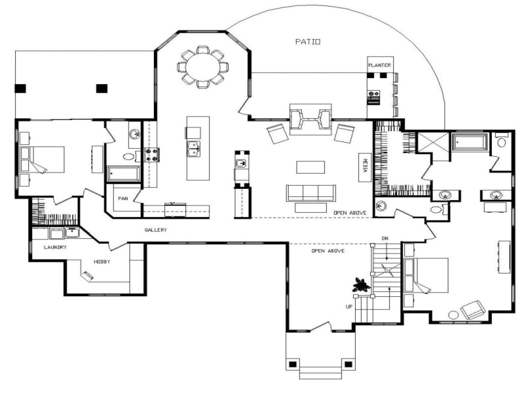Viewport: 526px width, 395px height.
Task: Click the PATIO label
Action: click(x=308, y=42)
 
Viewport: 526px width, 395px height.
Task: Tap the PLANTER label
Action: click(x=379, y=65)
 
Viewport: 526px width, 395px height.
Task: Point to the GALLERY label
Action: click(x=156, y=230)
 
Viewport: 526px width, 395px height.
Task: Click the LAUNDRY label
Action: click(x=55, y=247)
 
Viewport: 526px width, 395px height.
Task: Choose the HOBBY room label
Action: click(x=102, y=262)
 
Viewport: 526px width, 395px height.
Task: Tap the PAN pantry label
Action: click(x=122, y=199)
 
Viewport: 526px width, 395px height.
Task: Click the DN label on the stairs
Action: click(x=385, y=239)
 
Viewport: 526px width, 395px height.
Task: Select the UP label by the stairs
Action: click(x=349, y=306)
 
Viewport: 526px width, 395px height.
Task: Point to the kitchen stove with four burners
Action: click(x=151, y=155)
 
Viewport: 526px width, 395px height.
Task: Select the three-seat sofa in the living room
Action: click(x=310, y=192)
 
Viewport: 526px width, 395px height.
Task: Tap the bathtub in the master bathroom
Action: click(x=469, y=143)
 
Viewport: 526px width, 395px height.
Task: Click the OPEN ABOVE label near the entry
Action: click(x=328, y=251)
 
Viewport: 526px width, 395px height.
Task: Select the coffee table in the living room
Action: click(x=310, y=167)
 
